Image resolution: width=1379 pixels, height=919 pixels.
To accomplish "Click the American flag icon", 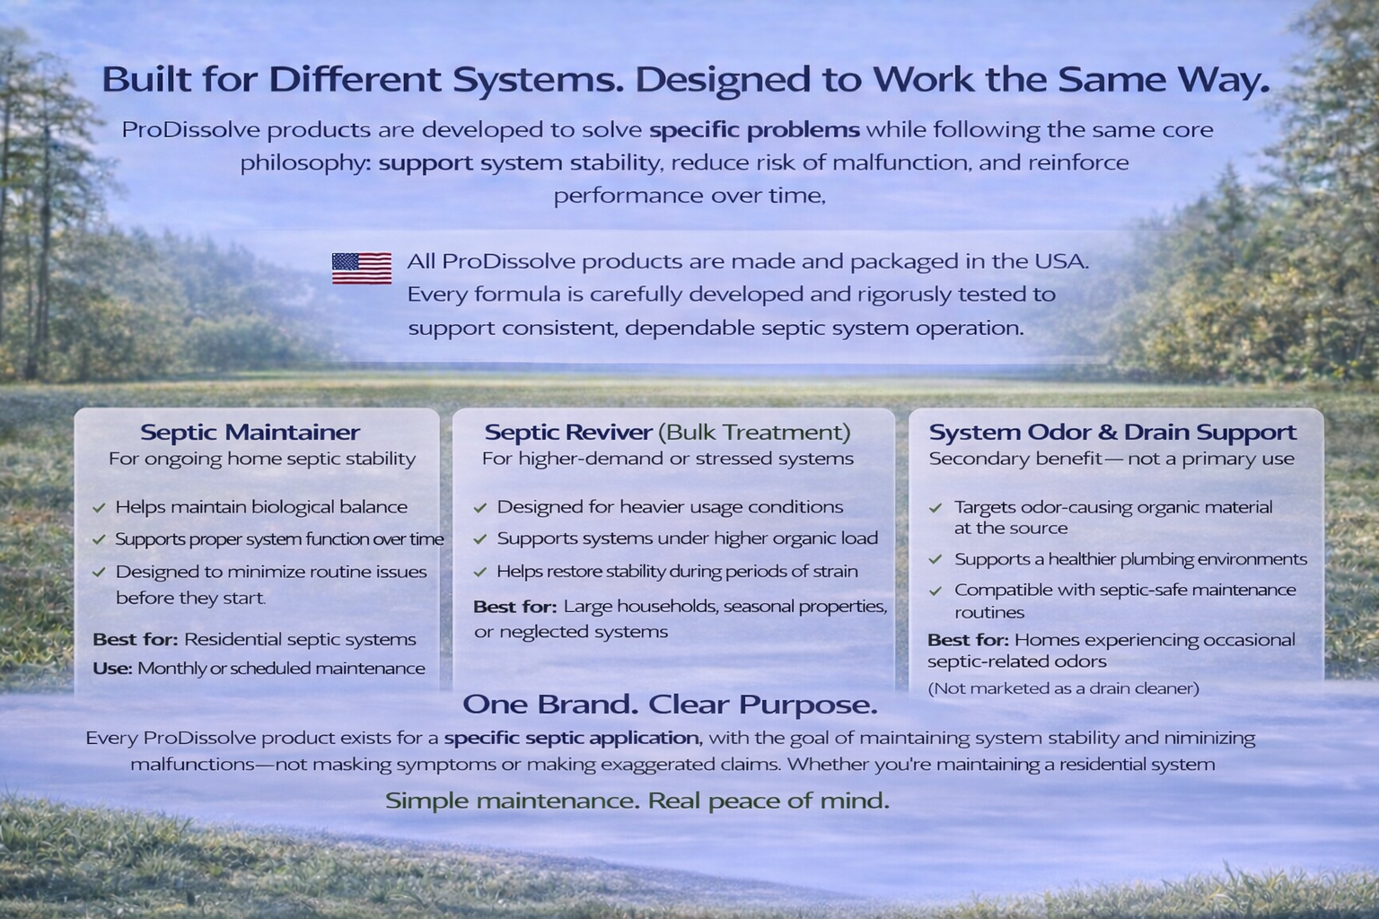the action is point(362,268).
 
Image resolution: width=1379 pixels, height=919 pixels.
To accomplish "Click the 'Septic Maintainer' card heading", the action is point(250,432).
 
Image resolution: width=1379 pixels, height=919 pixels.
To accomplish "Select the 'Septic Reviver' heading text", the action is point(568,432).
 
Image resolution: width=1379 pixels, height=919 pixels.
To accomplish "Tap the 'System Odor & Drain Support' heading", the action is point(1112,432).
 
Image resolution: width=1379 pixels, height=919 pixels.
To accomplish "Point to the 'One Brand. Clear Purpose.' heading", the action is point(670,705).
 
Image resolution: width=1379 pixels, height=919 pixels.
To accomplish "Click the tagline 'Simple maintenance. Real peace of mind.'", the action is point(637,801).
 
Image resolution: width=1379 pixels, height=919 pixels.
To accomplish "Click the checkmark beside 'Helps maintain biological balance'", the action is point(99,508).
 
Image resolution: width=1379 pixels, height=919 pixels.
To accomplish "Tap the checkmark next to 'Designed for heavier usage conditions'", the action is point(480,508).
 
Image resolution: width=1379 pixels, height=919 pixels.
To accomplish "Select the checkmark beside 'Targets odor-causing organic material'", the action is point(935,508).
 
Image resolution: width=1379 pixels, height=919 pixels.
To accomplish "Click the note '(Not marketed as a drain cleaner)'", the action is point(1063,688).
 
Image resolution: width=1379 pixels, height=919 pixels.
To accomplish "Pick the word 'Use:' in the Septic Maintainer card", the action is point(112,669).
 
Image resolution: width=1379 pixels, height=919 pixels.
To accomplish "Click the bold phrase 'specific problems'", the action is point(754,130).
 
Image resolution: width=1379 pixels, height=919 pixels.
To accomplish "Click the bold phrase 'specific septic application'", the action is point(573,738).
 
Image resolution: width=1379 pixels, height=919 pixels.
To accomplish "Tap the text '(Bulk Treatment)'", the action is point(754,433).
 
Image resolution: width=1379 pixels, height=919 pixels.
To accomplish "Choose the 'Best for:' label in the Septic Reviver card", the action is point(514,607).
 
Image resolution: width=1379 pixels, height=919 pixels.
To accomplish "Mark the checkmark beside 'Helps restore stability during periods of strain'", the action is point(480,573).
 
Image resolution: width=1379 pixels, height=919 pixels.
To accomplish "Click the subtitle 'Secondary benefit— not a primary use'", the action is point(1111,459).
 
